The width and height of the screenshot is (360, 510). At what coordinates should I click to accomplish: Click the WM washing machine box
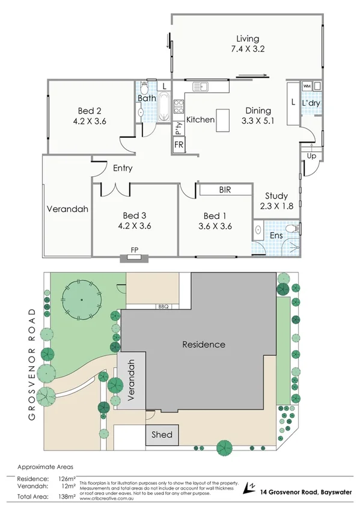[x=307, y=87]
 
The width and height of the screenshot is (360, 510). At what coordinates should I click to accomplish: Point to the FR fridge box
[x=178, y=146]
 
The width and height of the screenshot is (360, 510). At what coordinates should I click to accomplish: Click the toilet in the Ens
[x=291, y=229]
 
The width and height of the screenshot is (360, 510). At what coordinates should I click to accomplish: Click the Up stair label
[x=311, y=156]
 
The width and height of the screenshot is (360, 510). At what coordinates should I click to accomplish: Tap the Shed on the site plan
[x=162, y=435]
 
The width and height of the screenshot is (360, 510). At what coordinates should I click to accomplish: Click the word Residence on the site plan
[x=204, y=345]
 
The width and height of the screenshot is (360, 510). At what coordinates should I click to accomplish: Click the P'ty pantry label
[x=178, y=128]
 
